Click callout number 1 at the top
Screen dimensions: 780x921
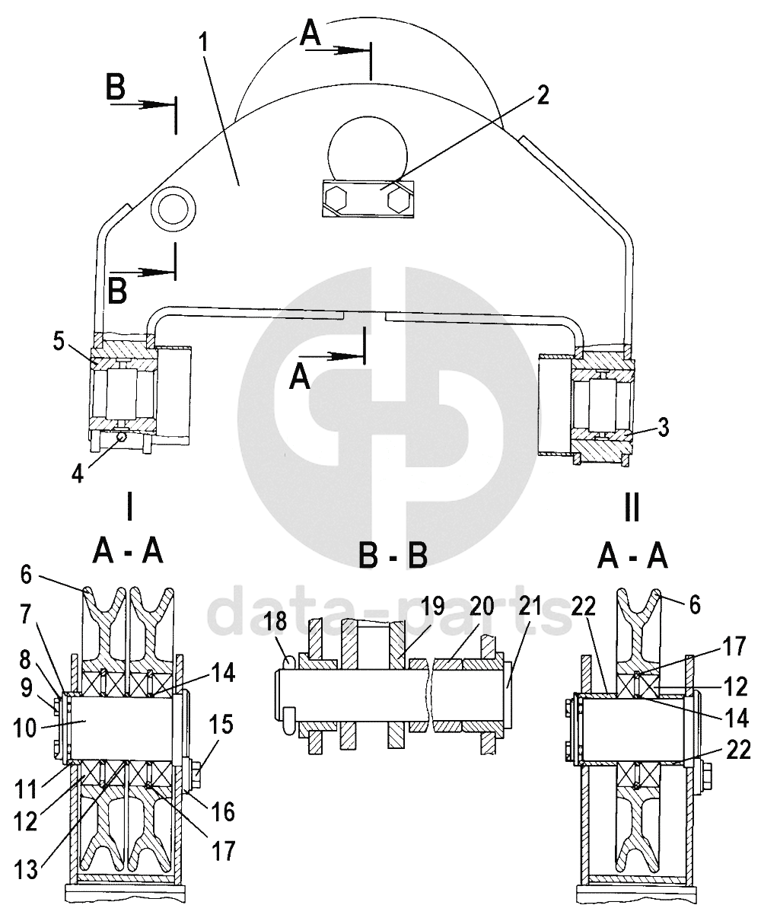(x=203, y=43)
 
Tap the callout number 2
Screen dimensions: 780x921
(x=542, y=94)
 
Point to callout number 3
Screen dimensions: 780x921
(x=663, y=428)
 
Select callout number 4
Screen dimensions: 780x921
(x=78, y=474)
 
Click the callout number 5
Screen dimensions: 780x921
(x=59, y=341)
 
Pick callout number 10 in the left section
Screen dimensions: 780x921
(x=24, y=728)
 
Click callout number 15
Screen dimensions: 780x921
(x=221, y=725)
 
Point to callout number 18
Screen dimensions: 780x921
(x=275, y=620)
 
